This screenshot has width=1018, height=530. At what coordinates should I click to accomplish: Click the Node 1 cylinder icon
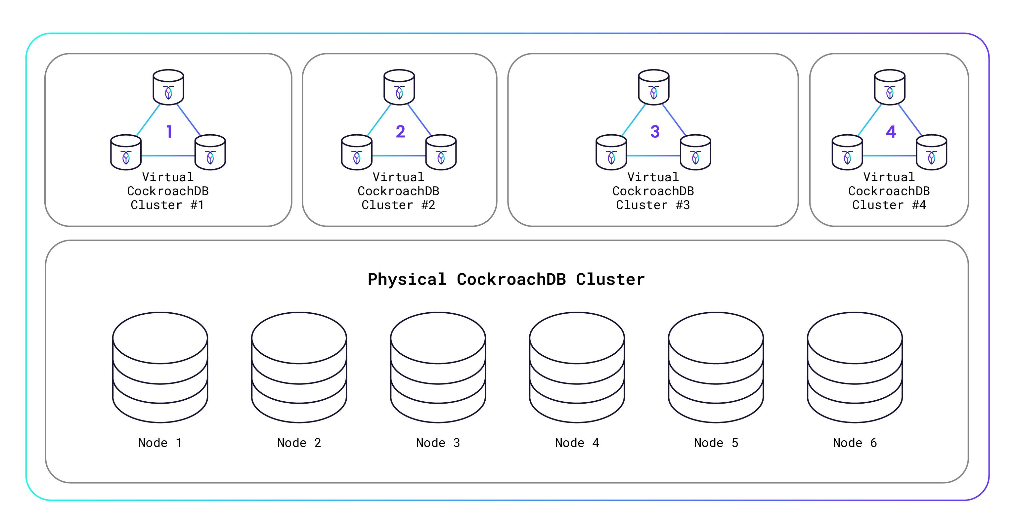pyautogui.click(x=160, y=368)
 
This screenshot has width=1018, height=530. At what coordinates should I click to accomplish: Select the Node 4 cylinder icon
pyautogui.click(x=577, y=368)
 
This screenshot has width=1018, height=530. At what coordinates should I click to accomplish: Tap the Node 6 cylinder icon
pyautogui.click(x=855, y=368)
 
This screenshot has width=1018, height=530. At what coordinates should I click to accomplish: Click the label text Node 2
pyautogui.click(x=299, y=443)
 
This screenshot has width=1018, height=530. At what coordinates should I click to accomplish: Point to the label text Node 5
pyautogui.click(x=716, y=443)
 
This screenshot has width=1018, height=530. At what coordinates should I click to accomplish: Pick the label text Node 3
pyautogui.click(x=438, y=443)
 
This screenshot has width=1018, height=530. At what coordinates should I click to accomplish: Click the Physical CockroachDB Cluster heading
pyautogui.click(x=506, y=280)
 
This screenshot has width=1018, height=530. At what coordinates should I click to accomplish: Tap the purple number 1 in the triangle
pyautogui.click(x=169, y=132)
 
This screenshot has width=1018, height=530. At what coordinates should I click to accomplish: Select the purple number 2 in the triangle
pyautogui.click(x=400, y=132)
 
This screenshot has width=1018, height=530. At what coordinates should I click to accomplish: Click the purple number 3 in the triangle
pyautogui.click(x=655, y=132)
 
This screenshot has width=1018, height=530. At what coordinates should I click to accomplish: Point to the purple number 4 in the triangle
pyautogui.click(x=891, y=132)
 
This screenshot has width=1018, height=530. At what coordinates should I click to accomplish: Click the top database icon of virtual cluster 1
pyautogui.click(x=168, y=87)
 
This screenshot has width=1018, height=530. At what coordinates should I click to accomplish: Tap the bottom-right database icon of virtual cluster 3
pyautogui.click(x=695, y=152)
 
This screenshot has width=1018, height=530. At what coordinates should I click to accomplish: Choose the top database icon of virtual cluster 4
pyautogui.click(x=890, y=87)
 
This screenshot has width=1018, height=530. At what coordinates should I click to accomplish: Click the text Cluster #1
pyautogui.click(x=167, y=205)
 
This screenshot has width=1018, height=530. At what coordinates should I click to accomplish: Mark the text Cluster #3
pyautogui.click(x=653, y=205)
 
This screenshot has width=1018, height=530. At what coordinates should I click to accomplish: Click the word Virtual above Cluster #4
pyautogui.click(x=889, y=177)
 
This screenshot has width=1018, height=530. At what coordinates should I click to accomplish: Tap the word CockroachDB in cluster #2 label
pyautogui.click(x=398, y=191)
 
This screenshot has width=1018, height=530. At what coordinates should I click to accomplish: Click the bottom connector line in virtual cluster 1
pyautogui.click(x=168, y=156)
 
